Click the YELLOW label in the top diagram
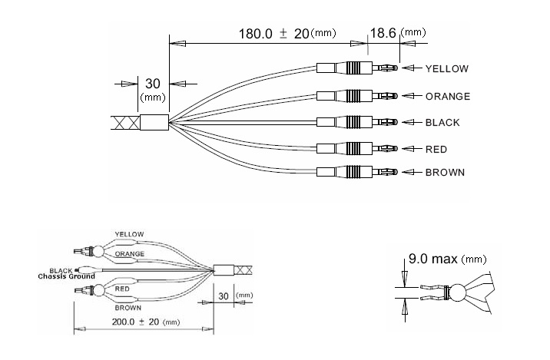[447, 69]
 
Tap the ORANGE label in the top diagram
[448, 97]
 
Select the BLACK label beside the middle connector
[442, 123]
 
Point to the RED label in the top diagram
[436, 150]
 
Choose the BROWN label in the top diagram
[445, 173]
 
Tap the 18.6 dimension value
[383, 33]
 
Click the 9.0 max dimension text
[433, 259]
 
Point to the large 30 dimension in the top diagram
[153, 84]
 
